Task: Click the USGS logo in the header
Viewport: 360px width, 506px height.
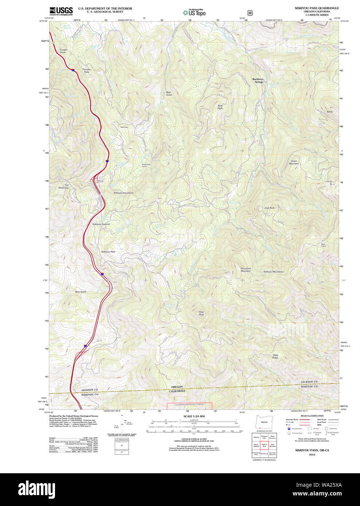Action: [x=61, y=11]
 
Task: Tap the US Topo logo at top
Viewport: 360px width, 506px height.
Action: [x=194, y=13]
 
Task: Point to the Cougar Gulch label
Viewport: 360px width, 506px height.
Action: [x=63, y=51]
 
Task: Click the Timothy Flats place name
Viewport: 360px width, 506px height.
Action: [x=86, y=71]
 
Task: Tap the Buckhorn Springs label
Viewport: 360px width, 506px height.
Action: [x=258, y=80]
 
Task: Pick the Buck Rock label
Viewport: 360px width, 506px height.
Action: [x=220, y=107]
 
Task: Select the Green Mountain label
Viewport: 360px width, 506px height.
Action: [x=294, y=162]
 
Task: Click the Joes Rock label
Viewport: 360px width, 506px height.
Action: [x=269, y=208]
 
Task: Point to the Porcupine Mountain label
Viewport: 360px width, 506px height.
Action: [x=246, y=270]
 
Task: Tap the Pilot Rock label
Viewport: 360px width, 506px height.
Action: [x=201, y=313]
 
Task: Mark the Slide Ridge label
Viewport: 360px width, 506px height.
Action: [x=275, y=356]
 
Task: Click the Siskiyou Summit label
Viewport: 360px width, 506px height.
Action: [x=101, y=224]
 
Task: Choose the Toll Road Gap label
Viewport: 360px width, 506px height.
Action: [x=64, y=186]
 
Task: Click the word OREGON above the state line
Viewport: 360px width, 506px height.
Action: [x=177, y=387]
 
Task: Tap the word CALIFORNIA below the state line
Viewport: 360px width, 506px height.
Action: [x=177, y=391]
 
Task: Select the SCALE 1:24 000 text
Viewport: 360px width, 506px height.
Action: [x=194, y=416]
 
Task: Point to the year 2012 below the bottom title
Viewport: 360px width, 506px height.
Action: [x=312, y=455]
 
